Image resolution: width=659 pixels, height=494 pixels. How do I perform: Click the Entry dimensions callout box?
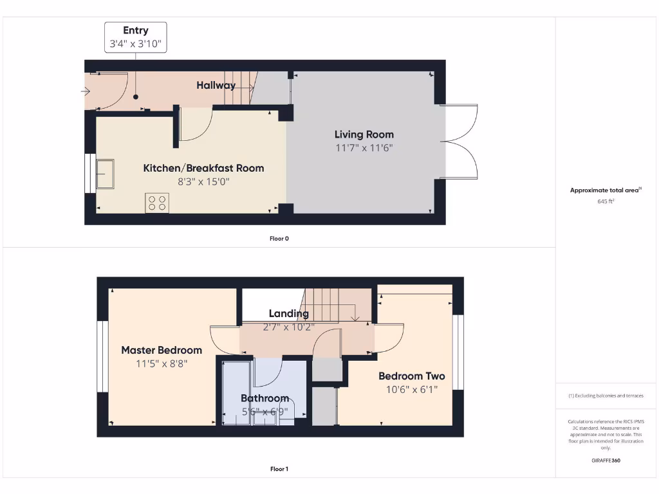[136, 37]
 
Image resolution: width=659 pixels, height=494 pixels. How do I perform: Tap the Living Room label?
[364, 134]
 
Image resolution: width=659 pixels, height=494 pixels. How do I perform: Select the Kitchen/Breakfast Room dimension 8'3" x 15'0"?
[203, 181]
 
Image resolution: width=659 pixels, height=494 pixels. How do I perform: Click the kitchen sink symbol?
[105, 174]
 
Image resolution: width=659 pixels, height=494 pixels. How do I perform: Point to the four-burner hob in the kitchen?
[157, 203]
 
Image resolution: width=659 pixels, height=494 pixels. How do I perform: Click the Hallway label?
[216, 85]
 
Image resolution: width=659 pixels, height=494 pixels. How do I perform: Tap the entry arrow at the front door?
[86, 91]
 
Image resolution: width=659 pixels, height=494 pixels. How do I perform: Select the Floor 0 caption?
[279, 239]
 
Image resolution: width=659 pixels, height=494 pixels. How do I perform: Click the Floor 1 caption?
[279, 469]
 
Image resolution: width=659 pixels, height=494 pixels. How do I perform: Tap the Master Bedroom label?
[162, 350]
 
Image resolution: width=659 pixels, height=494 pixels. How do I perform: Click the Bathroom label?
[265, 398]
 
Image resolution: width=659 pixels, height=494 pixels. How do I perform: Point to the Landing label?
[288, 313]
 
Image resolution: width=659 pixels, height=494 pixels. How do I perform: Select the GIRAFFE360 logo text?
[606, 461]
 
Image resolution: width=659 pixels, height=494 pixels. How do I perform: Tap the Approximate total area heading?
[606, 190]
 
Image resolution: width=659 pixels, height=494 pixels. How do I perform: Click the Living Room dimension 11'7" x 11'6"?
[364, 147]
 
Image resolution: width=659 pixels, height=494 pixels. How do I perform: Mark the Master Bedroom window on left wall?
[102, 356]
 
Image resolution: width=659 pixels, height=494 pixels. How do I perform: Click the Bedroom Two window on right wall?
[458, 352]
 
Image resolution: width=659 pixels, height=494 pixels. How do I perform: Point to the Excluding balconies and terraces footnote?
[606, 396]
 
